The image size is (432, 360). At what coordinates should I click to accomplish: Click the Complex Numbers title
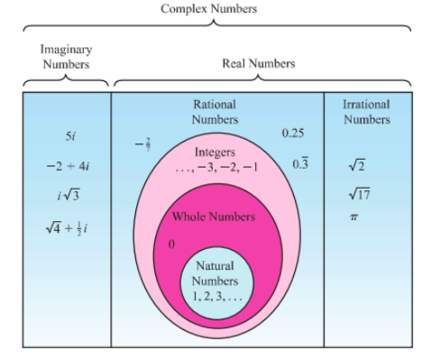pos(209,9)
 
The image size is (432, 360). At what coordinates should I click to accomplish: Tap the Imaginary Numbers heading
pos(66,57)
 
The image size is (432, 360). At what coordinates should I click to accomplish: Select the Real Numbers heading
pos(259,63)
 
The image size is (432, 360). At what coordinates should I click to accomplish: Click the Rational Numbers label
pos(215,112)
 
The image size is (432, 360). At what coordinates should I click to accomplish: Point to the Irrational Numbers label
pos(367,112)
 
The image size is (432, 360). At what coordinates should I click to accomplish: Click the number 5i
pos(70,136)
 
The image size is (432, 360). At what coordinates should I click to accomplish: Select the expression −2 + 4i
pos(69,166)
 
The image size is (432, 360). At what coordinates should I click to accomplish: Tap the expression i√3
pos(69,196)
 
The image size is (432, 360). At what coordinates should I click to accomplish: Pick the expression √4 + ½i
pos(67,228)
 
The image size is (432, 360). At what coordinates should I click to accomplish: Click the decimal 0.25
pos(293,133)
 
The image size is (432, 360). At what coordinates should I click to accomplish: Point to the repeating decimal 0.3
pos(300,163)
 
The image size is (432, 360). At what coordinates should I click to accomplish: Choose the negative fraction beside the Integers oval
pos(142,144)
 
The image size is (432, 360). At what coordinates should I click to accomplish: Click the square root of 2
pos(357,165)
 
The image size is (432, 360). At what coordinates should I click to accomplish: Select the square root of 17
pos(360,194)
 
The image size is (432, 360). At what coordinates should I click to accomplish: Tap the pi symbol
pos(354,217)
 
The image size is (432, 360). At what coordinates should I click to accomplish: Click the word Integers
pos(215,152)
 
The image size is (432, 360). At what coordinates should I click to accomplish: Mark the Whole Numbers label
pos(214,217)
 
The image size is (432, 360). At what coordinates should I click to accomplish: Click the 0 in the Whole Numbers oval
pos(171,245)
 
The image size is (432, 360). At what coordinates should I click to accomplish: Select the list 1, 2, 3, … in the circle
pos(217,297)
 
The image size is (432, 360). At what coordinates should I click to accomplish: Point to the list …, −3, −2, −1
pos(216,167)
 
